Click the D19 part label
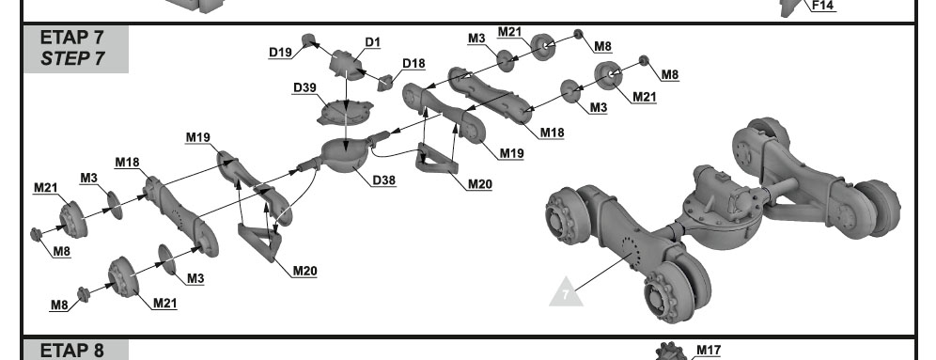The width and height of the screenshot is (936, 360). click(x=280, y=53)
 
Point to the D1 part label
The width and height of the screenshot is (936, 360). click(x=373, y=42)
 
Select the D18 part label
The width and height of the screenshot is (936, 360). click(x=413, y=63)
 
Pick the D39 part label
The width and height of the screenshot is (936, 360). click(x=304, y=87)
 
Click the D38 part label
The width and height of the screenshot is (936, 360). click(x=383, y=180)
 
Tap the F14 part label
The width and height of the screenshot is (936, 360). click(x=822, y=6)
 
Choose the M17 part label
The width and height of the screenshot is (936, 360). click(x=708, y=350)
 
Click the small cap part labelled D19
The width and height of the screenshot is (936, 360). click(x=308, y=39)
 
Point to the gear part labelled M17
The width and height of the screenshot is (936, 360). click(x=669, y=352)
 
